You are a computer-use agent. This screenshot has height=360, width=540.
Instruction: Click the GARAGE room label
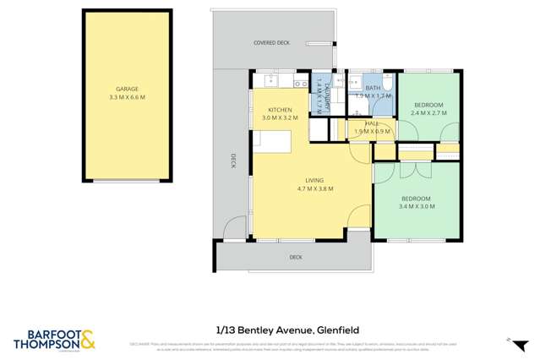pyautogui.click(x=128, y=89)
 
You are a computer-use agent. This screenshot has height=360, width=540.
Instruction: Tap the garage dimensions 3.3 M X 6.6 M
pyautogui.click(x=128, y=97)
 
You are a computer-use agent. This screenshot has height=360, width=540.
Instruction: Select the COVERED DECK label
pyautogui.click(x=272, y=42)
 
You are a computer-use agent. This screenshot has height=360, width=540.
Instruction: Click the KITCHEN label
pyautogui.click(x=281, y=111)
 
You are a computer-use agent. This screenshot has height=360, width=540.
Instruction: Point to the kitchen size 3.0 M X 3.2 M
pyautogui.click(x=281, y=119)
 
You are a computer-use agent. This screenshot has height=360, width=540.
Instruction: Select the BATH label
pyautogui.click(x=372, y=87)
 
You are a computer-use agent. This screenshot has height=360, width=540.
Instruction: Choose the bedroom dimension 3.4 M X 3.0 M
pyautogui.click(x=417, y=206)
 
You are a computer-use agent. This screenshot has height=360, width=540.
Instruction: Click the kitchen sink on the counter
pyautogui.click(x=273, y=81)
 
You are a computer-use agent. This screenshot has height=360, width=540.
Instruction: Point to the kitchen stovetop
pyautogui.click(x=299, y=82)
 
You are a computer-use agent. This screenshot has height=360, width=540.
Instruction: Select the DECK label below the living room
pyautogui.click(x=296, y=257)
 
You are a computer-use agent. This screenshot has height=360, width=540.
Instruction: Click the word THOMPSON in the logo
pyautogui.click(x=48, y=344)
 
